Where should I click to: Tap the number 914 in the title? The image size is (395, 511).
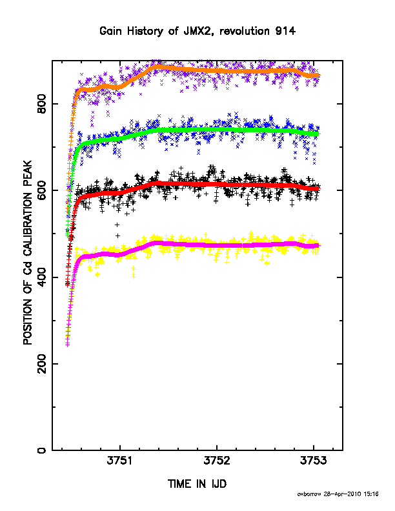285,31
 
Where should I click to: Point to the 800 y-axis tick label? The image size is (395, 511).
42,104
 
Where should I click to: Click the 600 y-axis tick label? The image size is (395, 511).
42,190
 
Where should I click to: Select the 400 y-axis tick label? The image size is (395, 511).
42,277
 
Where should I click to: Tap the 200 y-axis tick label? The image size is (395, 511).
42,364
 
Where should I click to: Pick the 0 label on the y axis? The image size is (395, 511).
42,450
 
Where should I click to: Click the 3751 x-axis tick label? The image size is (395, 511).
120,461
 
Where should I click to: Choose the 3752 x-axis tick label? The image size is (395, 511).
217,461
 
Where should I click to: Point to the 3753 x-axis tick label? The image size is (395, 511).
313,461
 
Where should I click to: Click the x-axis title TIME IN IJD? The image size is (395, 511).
197,484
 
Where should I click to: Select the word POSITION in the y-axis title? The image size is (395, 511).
28,321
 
